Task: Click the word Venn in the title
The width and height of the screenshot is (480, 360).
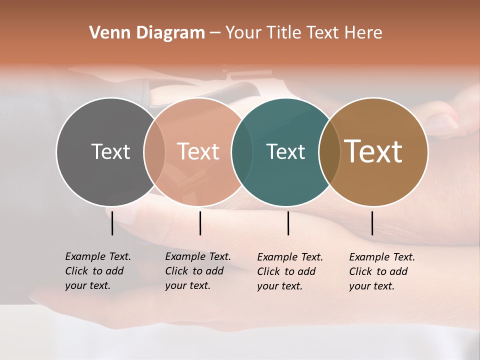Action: point(105,33)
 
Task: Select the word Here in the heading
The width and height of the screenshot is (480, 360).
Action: point(363,33)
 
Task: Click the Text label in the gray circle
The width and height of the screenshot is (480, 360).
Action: point(110,151)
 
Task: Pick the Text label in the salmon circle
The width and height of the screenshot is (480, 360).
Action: point(198,151)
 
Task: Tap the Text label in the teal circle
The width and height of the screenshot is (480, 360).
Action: point(285,151)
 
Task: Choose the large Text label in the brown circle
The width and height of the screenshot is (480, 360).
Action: point(373,151)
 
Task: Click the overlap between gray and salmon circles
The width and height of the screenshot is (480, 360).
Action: point(154,151)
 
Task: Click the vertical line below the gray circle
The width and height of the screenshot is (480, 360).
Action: point(112,223)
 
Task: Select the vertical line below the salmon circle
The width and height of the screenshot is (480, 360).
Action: point(200,223)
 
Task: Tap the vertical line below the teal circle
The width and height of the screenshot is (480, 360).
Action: point(288,223)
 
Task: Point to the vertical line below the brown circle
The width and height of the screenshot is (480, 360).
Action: point(372,223)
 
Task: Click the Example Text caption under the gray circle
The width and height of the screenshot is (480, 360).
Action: point(98,270)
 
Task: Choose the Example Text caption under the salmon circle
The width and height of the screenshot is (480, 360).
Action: point(198,270)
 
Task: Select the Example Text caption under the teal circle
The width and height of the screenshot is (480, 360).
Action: point(290,271)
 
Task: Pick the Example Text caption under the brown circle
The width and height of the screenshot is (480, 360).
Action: point(382,271)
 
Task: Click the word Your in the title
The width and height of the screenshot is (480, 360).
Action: point(243,33)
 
